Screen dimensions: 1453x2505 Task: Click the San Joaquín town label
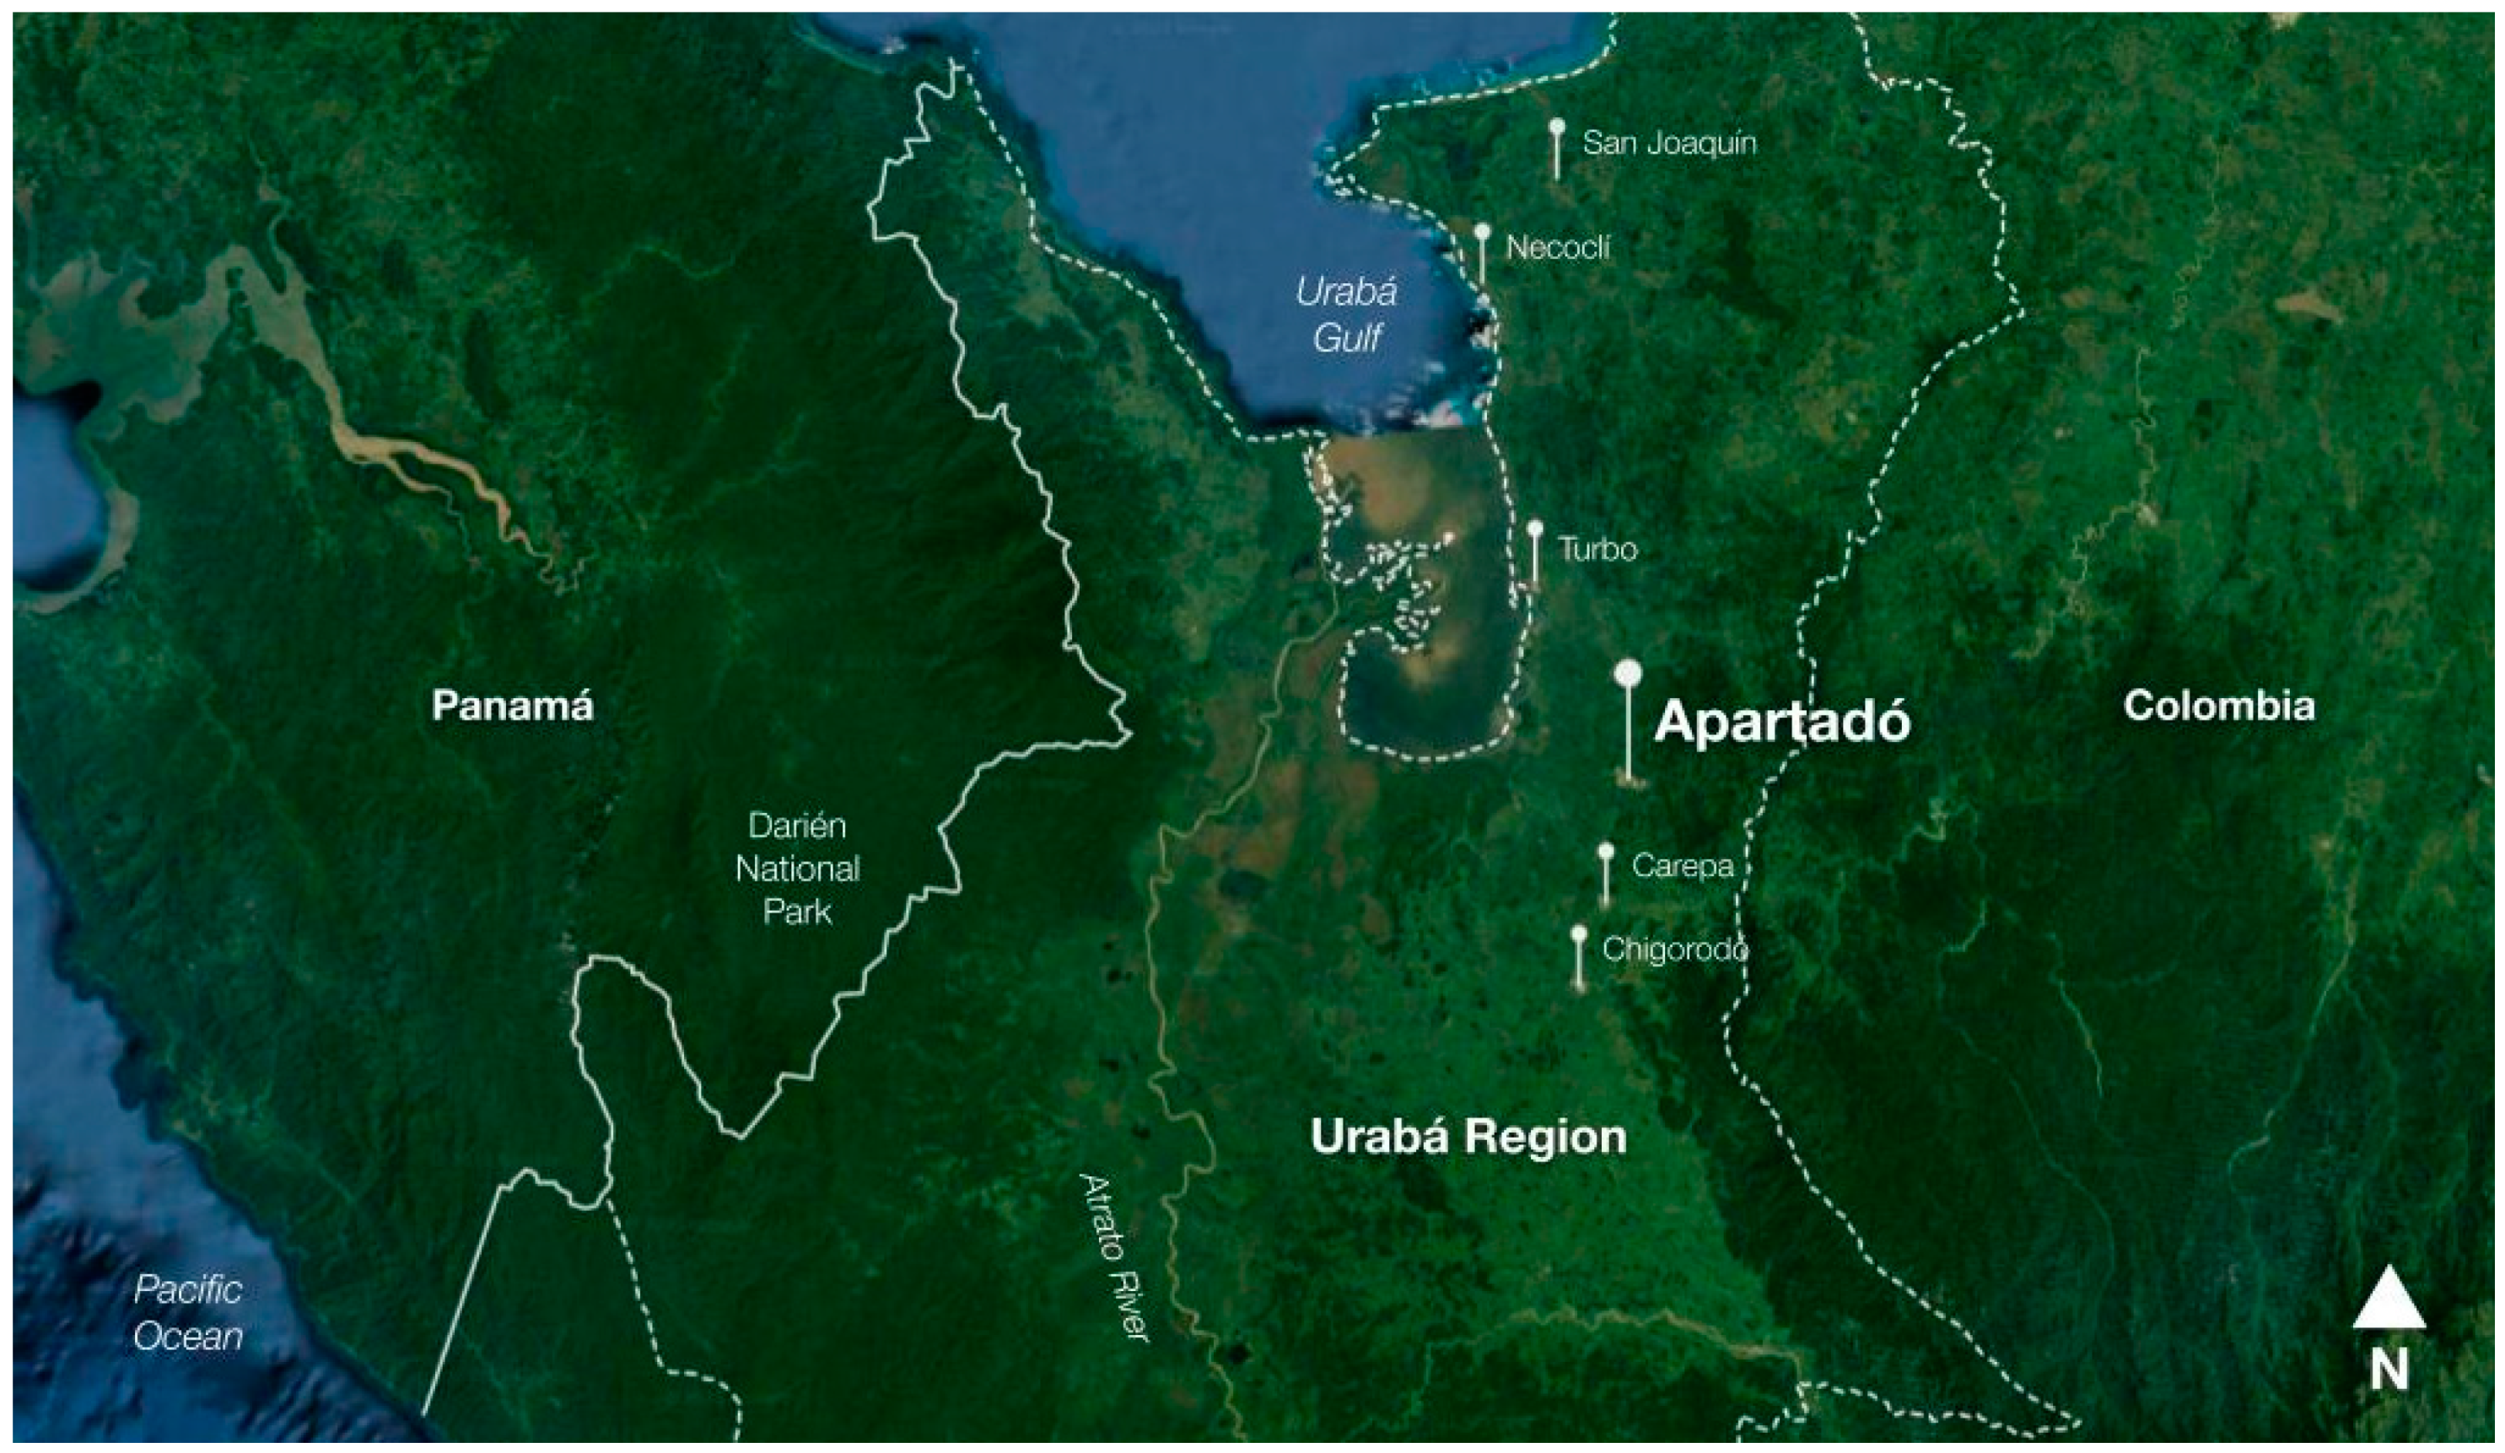click(1669, 143)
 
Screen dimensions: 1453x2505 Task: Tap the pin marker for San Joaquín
click(1557, 127)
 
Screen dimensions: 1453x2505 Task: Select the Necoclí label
click(1558, 247)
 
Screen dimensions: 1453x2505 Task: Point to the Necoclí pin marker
click(1482, 232)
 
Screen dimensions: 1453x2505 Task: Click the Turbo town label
click(1597, 550)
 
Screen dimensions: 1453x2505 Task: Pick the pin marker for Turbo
click(1535, 528)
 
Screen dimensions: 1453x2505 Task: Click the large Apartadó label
click(1781, 722)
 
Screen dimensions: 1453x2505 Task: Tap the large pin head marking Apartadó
click(1627, 674)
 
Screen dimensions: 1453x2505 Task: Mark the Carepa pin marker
click(1605, 852)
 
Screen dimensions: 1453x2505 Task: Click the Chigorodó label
click(1675, 950)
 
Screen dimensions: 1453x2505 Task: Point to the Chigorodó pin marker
click(1579, 934)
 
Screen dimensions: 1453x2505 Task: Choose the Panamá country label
click(512, 707)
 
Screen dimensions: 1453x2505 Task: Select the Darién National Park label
click(797, 869)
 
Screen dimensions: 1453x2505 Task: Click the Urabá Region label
click(1468, 1136)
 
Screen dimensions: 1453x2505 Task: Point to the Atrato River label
click(1114, 1257)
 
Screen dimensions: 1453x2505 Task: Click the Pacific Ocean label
click(188, 1313)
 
